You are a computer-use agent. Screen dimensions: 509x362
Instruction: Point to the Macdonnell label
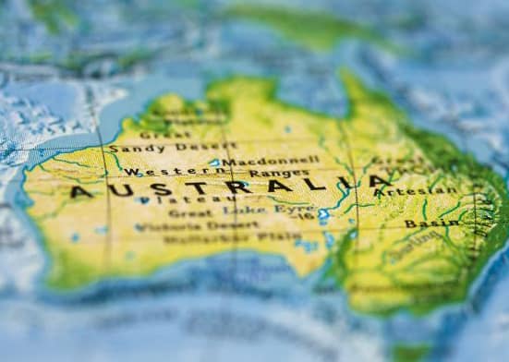pyautogui.click(x=271, y=161)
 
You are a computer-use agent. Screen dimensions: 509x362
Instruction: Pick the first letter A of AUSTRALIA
pyautogui.click(x=81, y=192)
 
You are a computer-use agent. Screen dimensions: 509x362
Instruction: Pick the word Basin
pyautogui.click(x=431, y=223)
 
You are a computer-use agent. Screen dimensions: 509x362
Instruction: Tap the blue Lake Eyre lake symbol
pyautogui.click(x=323, y=215)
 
